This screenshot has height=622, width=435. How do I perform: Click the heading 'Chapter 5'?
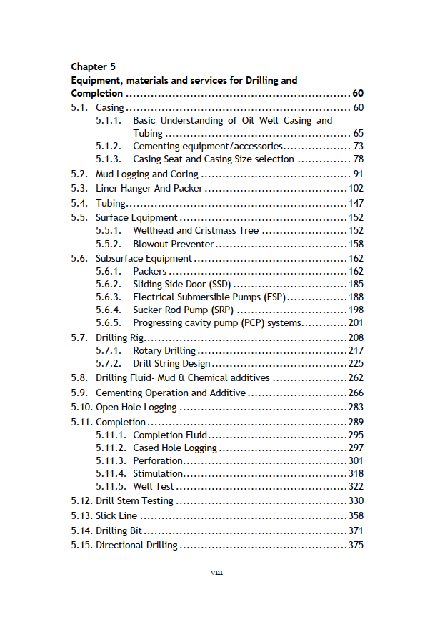point(93,67)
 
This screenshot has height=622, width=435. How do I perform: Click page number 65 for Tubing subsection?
point(358,134)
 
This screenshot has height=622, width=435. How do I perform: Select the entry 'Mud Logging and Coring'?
point(147,174)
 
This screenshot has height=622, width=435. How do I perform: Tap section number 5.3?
point(79,189)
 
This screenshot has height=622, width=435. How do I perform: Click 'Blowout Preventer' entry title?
point(174,244)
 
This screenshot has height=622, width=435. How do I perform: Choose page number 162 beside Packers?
point(356,272)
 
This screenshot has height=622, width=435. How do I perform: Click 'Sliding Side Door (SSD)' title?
point(181,285)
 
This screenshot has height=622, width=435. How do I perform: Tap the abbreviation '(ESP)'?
point(274,297)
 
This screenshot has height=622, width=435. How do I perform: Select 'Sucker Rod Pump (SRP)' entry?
point(183,310)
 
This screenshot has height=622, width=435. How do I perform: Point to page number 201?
point(356,323)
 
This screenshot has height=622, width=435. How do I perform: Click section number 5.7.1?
point(109,351)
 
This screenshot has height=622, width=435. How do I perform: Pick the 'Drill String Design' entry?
point(171,364)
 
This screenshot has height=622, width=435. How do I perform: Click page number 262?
point(356,378)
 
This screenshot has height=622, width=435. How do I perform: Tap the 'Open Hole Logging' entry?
point(136,408)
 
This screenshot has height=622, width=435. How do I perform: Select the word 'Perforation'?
point(158,461)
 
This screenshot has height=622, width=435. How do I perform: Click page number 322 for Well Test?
point(356,487)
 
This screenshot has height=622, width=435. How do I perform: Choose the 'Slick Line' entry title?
point(116,515)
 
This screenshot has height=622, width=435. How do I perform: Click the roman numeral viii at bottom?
point(216,572)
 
